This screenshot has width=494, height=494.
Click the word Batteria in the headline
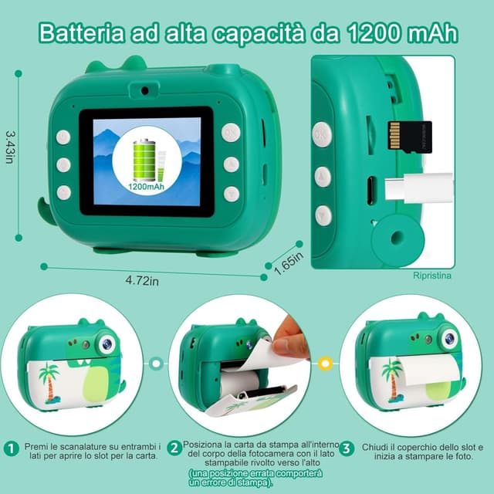tap(82, 33)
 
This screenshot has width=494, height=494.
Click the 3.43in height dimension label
tap(10, 147)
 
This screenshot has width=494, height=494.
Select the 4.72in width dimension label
tap(142, 280)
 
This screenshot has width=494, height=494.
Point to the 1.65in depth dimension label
tap(289, 263)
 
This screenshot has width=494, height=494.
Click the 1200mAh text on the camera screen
tap(146, 187)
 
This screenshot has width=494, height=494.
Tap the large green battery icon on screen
tap(144, 159)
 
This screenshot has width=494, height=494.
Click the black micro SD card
tap(410, 137)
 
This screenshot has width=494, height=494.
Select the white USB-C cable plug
tap(419, 188)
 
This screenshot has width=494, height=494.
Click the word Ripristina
tap(432, 276)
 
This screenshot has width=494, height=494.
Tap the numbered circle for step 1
tap(12, 448)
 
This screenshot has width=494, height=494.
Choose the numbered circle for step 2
tap(174, 448)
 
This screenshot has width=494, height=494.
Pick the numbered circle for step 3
tap(347, 448)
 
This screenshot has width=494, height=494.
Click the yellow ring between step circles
tap(326, 364)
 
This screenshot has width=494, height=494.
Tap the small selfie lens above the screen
tap(144, 91)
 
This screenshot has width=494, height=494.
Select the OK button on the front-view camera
tap(231, 133)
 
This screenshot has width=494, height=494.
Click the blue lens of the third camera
tap(450, 338)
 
